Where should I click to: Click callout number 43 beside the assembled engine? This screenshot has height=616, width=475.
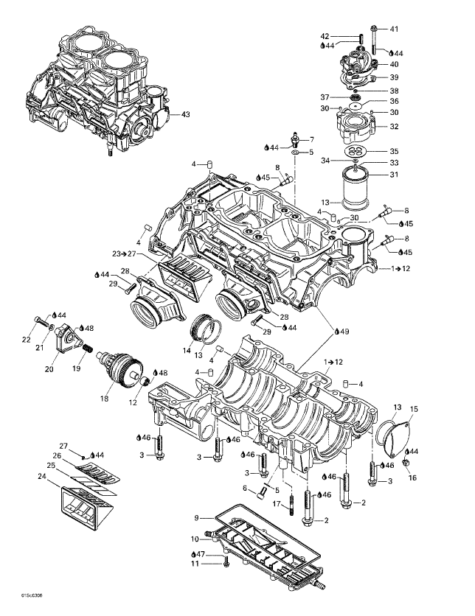pyautogui.click(x=186, y=114)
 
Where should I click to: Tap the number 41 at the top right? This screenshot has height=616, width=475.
pyautogui.click(x=394, y=29)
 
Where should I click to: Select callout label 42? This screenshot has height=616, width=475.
pyautogui.click(x=325, y=36)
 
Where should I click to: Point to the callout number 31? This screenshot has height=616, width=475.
pyautogui.click(x=394, y=175)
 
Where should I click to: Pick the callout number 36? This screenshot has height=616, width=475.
pyautogui.click(x=394, y=101)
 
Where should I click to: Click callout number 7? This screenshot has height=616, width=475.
pyautogui.click(x=311, y=139)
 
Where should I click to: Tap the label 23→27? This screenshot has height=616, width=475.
pyautogui.click(x=124, y=253)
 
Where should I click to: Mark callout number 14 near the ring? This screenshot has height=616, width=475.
pyautogui.click(x=187, y=343)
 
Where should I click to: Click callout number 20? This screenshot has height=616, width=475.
pyautogui.click(x=50, y=369)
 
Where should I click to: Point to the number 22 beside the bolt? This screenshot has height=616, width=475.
pyautogui.click(x=26, y=340)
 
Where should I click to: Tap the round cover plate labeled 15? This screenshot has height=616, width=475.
pyautogui.click(x=395, y=433)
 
